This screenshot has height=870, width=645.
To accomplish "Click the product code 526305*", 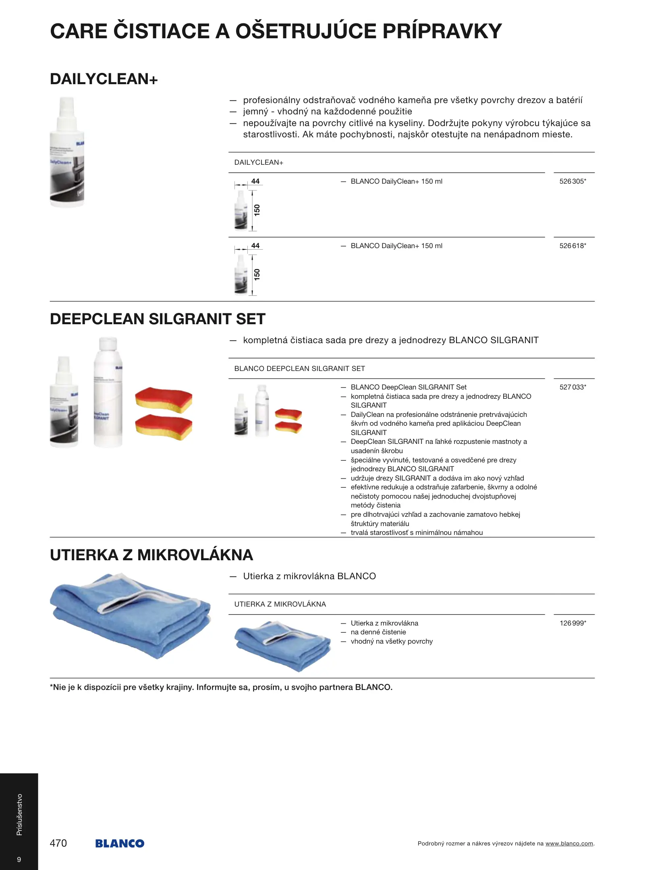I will [x=572, y=182].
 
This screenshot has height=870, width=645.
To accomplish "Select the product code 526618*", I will [x=572, y=246].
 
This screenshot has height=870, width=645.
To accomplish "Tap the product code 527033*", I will [x=572, y=387].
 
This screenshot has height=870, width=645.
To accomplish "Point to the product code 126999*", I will [x=572, y=623].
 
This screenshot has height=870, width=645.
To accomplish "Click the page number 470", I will [x=58, y=843].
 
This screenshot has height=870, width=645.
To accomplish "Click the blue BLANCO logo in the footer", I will [x=120, y=843].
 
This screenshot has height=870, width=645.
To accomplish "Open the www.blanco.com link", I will [x=569, y=843].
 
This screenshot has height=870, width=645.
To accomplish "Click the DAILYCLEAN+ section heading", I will [x=104, y=79].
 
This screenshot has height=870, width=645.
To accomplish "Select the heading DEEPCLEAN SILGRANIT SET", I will [x=158, y=319].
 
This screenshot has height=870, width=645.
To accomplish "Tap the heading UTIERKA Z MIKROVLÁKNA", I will [x=151, y=555].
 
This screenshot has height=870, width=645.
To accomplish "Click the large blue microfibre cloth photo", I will [x=131, y=615].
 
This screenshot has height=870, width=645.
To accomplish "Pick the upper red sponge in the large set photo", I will [x=164, y=400].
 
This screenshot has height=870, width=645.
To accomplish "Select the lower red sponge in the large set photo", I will [x=164, y=427].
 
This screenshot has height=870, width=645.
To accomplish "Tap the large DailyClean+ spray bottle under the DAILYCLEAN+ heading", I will [x=67, y=152].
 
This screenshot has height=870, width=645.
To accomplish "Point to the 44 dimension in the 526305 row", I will [x=255, y=181].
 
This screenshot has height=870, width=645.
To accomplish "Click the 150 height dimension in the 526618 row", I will [x=257, y=274].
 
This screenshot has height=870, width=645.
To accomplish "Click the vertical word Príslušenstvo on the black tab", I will [x=19, y=814].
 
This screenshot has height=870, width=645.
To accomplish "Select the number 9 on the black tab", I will [x=19, y=860].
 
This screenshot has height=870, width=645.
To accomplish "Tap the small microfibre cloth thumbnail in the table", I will [x=282, y=645].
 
